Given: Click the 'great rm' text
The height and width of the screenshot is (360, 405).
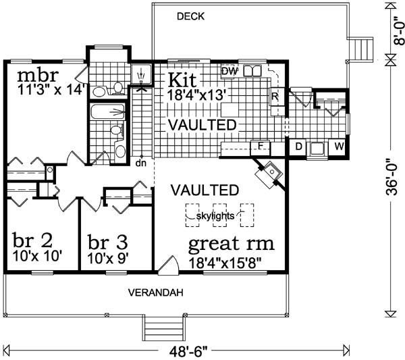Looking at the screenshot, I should [231, 242].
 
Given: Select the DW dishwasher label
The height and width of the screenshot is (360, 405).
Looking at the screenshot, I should [229, 70].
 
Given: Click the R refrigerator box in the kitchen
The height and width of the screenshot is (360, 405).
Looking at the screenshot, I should [275, 97].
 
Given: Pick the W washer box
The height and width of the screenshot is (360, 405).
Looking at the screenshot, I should [340, 146].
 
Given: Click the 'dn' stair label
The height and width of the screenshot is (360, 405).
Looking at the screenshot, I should [141, 163].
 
